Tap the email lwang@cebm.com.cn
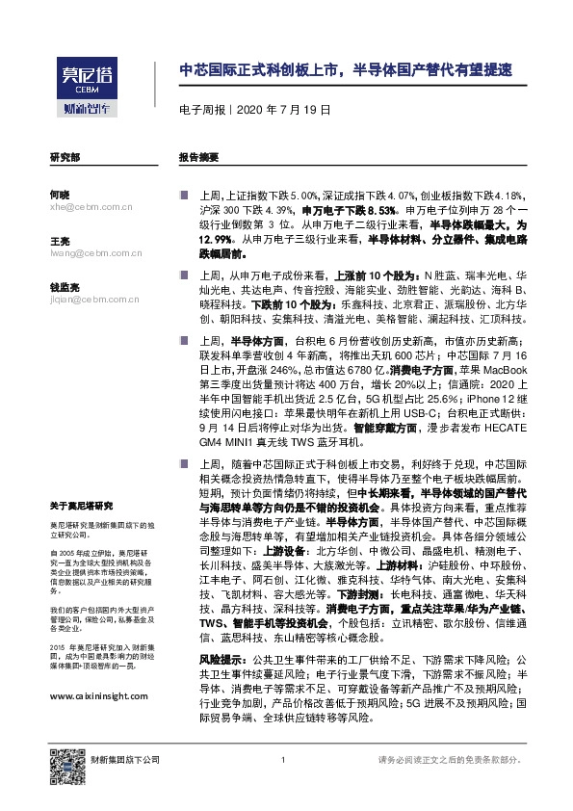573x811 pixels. click(x=95, y=254)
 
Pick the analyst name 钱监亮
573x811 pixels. click(x=64, y=287)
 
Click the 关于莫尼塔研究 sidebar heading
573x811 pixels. click(x=82, y=506)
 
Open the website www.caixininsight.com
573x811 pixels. click(x=98, y=696)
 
